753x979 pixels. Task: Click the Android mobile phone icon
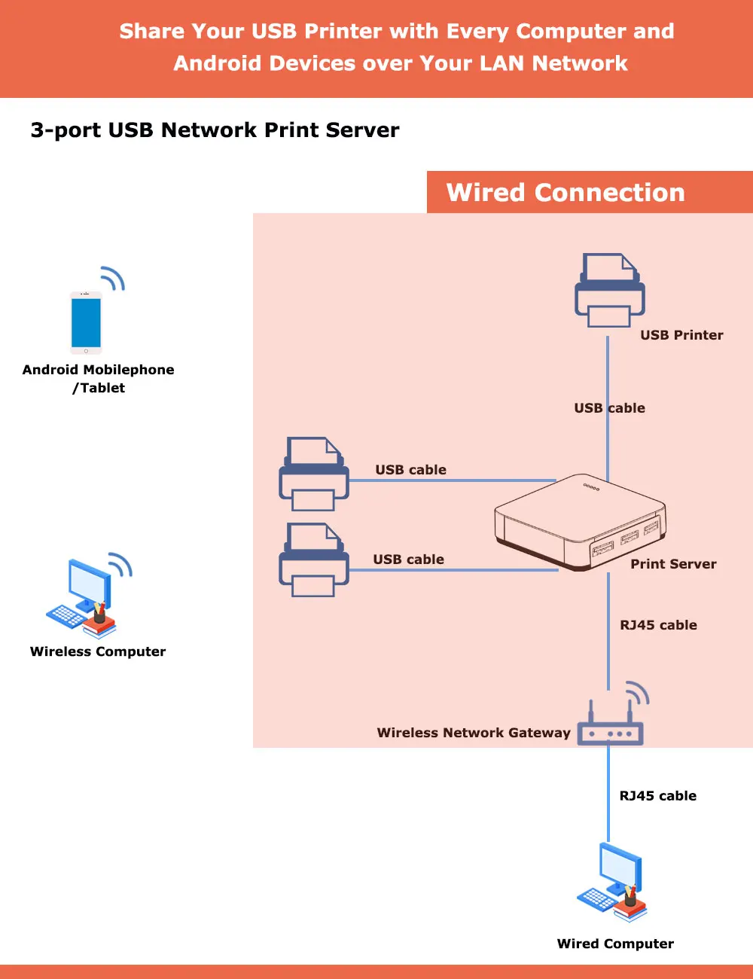[x=86, y=322]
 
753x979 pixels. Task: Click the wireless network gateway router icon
[x=610, y=731]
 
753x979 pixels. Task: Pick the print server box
[x=580, y=522]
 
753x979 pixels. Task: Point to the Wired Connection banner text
[x=566, y=193]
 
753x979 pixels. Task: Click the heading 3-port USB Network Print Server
[x=215, y=130]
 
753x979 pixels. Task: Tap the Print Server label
[x=673, y=564]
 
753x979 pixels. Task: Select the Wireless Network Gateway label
[x=474, y=733]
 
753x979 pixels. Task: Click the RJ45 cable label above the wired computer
[x=657, y=796]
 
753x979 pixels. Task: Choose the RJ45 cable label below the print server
[x=658, y=625]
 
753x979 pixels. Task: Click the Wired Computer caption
[x=615, y=944]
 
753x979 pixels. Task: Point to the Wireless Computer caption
[x=98, y=651]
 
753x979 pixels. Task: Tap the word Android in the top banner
[x=218, y=63]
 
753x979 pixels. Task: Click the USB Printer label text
[x=681, y=335]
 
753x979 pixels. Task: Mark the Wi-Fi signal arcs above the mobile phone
[x=113, y=278]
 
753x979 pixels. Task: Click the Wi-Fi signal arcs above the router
[x=637, y=693]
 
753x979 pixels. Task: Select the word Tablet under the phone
[x=102, y=388]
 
